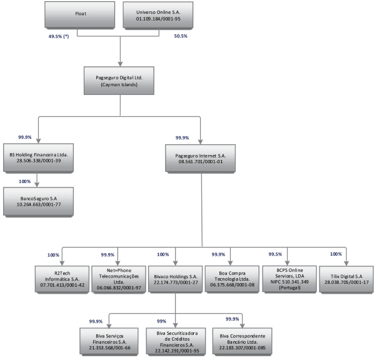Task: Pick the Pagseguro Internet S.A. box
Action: click(x=201, y=157)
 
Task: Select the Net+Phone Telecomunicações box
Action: click(x=116, y=279)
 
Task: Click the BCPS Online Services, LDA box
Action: click(x=289, y=278)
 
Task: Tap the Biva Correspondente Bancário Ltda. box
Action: click(x=242, y=339)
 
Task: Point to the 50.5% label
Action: click(x=180, y=37)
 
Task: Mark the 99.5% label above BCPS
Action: click(x=274, y=255)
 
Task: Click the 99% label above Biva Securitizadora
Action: click(x=161, y=321)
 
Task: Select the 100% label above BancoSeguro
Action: click(x=26, y=181)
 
